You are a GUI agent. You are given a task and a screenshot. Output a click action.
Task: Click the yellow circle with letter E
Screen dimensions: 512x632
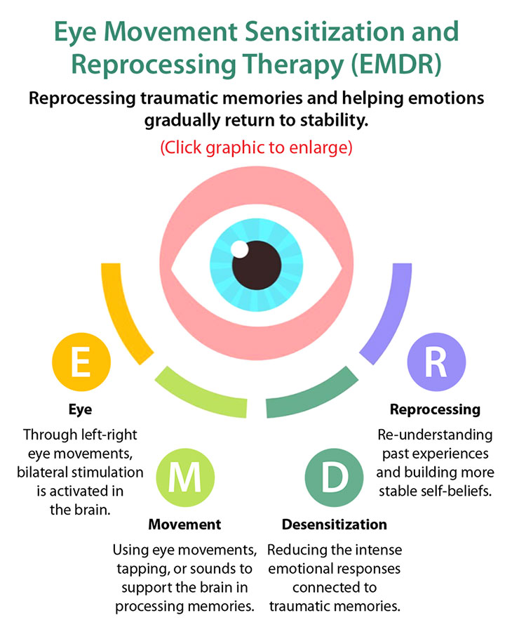click(81, 362)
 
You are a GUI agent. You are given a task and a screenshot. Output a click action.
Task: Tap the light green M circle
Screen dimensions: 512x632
click(185, 478)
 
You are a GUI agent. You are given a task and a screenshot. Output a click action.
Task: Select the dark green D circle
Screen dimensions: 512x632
click(334, 478)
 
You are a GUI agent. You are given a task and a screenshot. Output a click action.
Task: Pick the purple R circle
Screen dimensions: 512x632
click(436, 362)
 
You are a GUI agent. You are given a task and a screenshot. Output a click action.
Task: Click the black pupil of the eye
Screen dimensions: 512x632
click(257, 265)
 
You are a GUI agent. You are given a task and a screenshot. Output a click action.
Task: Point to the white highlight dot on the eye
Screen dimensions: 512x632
click(239, 249)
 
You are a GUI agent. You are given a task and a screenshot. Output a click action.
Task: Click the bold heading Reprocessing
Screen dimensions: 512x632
click(435, 409)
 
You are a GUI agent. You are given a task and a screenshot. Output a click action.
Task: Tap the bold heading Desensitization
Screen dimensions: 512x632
click(335, 525)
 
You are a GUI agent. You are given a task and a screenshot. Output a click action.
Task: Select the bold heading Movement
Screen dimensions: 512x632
click(184, 525)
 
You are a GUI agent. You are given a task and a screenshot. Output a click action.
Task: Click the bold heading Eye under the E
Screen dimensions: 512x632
click(80, 409)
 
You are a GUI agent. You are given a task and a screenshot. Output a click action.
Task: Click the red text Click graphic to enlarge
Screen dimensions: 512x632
click(257, 147)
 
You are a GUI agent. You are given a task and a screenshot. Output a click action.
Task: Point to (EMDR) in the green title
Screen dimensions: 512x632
click(396, 65)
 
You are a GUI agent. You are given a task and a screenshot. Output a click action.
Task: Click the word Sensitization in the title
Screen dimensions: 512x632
click(325, 32)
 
